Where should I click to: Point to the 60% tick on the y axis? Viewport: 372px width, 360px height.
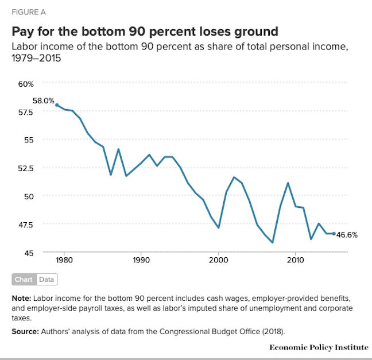[x=26, y=84]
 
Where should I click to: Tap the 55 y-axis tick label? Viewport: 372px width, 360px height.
[x=29, y=140]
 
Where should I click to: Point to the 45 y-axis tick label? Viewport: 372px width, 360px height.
[x=29, y=252]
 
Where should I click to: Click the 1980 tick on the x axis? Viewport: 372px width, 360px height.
[x=64, y=261]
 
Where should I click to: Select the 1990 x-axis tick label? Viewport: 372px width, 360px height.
[x=141, y=261]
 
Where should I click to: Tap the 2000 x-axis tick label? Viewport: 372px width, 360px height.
[x=219, y=261]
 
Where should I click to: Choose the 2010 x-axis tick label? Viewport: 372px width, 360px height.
[x=296, y=261]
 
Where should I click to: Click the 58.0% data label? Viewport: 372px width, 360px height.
[x=43, y=100]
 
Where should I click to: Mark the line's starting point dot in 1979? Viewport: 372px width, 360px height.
[x=57, y=105]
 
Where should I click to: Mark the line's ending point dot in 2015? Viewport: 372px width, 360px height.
[x=334, y=234]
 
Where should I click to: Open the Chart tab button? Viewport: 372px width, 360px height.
[x=24, y=280]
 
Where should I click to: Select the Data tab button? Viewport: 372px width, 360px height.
[x=46, y=280]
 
